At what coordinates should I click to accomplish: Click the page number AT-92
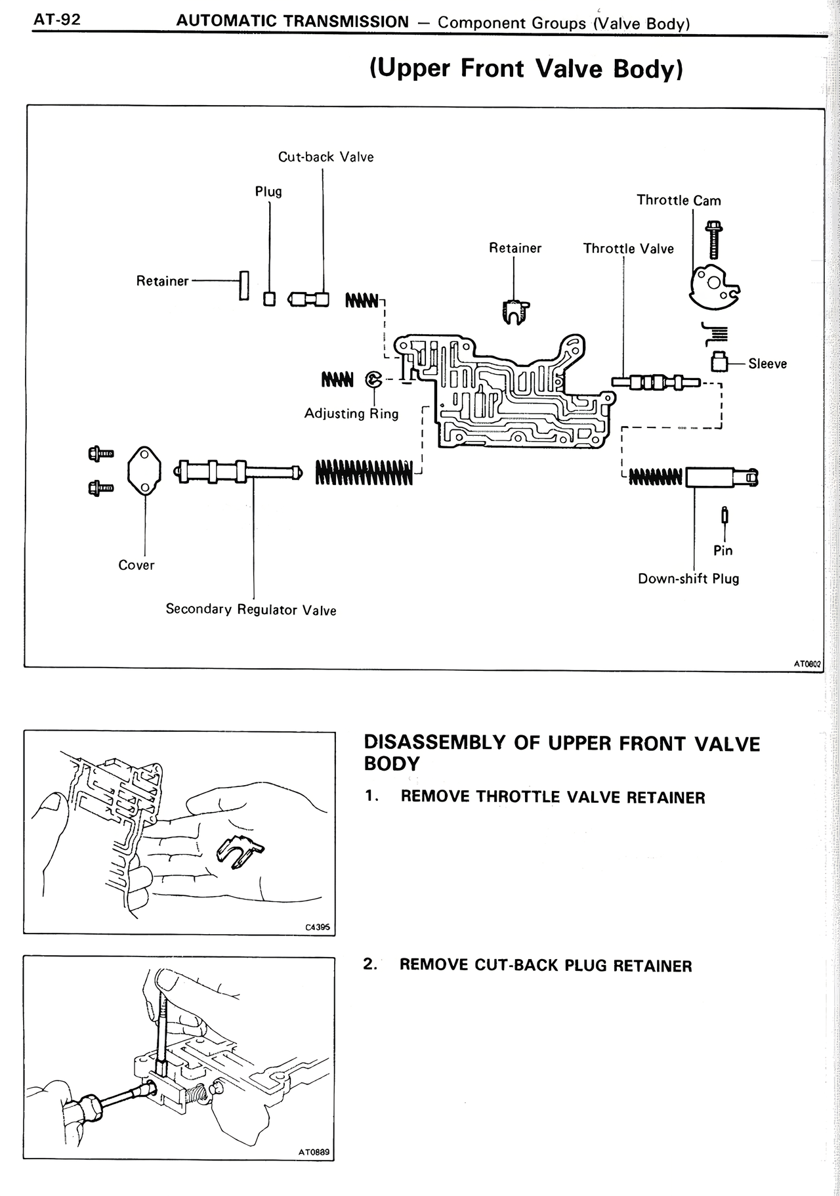pyautogui.click(x=57, y=20)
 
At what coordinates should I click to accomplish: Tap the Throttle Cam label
pyautogui.click(x=679, y=200)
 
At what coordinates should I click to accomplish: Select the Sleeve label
pyautogui.click(x=767, y=364)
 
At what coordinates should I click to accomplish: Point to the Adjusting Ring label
pyautogui.click(x=351, y=414)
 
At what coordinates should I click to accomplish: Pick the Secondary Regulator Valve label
pyautogui.click(x=251, y=610)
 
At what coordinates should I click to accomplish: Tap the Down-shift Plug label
pyautogui.click(x=688, y=579)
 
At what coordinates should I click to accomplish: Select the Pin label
pyautogui.click(x=723, y=551)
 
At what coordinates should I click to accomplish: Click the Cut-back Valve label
pyautogui.click(x=325, y=157)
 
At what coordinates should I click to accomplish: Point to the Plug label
pyautogui.click(x=268, y=192)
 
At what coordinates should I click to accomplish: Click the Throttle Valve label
pyautogui.click(x=628, y=249)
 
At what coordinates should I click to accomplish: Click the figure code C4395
pyautogui.click(x=317, y=928)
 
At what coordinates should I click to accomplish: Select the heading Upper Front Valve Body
pyautogui.click(x=526, y=68)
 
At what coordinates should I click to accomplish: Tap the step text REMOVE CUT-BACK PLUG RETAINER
pyautogui.click(x=545, y=966)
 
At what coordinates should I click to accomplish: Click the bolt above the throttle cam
pyautogui.click(x=713, y=240)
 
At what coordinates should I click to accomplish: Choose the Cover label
pyautogui.click(x=136, y=565)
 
